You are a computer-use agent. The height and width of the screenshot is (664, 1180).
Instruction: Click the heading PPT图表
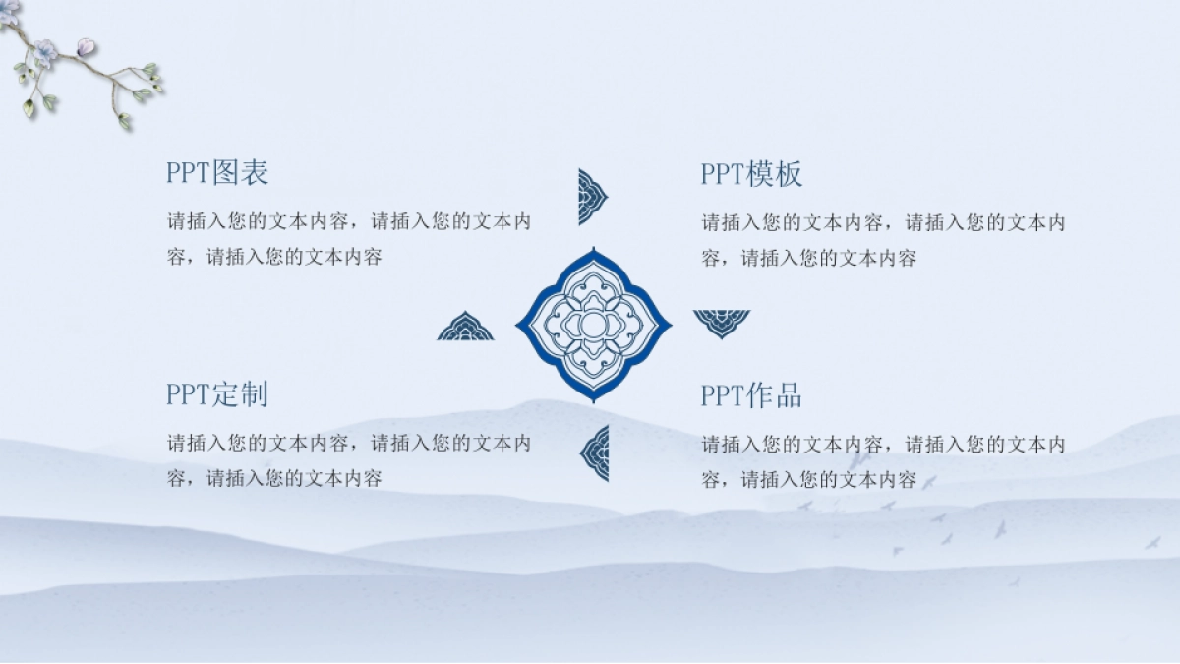pos(217,173)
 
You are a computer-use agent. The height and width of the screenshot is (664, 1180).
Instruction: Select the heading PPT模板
pos(751,174)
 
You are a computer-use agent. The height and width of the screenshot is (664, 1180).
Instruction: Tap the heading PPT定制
pos(217,394)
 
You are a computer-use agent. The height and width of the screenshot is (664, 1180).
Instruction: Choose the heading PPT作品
pos(751,395)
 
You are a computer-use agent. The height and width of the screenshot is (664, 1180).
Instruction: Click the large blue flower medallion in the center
pos(594,325)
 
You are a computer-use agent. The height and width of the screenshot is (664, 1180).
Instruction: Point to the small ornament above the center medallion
pos(592,197)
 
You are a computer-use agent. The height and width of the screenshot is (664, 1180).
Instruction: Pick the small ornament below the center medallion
pos(595,453)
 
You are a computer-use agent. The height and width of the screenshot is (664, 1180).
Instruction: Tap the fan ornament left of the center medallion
pos(465,328)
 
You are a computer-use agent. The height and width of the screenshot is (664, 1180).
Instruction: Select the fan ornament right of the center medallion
pos(722,323)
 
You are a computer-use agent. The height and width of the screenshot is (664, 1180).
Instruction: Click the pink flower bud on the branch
pos(86,45)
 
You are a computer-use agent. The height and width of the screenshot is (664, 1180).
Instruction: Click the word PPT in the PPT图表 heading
pos(189,173)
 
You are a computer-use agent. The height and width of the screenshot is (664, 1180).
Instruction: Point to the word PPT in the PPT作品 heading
pos(723,395)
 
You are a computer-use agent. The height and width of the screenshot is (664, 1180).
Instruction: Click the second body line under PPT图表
pos(274,258)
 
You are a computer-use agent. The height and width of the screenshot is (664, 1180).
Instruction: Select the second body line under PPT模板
pos(808,259)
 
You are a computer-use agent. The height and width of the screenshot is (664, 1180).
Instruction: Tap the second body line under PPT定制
pos(274,479)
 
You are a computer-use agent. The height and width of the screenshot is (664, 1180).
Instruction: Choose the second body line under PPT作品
pos(808,480)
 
